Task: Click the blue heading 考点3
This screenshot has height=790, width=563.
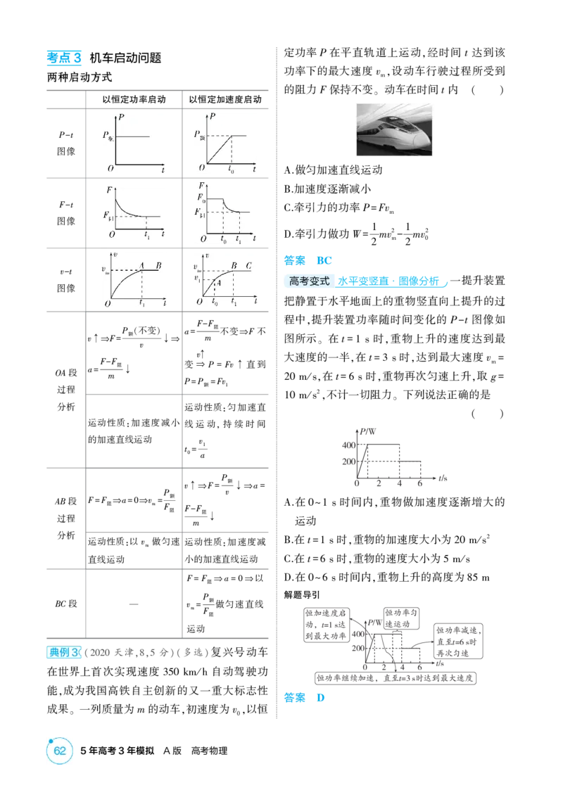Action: (64, 58)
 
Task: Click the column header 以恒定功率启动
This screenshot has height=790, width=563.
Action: (134, 99)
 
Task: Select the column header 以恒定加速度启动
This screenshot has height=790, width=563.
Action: (225, 99)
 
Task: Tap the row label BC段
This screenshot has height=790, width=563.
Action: (66, 604)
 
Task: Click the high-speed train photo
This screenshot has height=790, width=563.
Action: (394, 129)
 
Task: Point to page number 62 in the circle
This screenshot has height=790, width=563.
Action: (60, 751)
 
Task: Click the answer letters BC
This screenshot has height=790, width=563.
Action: (324, 260)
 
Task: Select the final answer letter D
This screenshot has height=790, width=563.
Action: (321, 698)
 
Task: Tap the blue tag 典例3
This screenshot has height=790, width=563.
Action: (63, 652)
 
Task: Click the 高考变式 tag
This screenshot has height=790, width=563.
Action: (310, 281)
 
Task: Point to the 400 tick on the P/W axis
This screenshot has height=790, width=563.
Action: (349, 445)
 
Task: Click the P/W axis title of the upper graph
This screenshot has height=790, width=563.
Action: (368, 432)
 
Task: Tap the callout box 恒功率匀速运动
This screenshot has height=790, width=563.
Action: (401, 618)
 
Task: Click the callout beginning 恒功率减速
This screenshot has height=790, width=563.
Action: (458, 641)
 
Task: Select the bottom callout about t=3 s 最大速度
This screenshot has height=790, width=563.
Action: (396, 678)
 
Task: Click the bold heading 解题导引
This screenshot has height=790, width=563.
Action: (302, 595)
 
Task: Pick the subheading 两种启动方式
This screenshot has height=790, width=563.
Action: (80, 77)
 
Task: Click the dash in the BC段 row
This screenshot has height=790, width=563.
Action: (134, 604)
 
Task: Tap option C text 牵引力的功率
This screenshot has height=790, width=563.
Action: (339, 207)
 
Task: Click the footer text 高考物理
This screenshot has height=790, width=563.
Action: (209, 751)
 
